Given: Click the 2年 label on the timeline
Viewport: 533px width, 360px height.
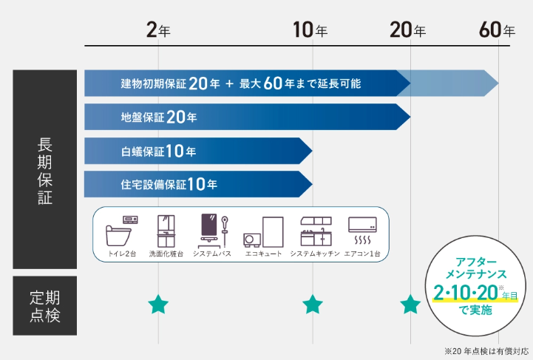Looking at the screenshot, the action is (158, 30).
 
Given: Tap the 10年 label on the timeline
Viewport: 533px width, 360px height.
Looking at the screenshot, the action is (310, 30).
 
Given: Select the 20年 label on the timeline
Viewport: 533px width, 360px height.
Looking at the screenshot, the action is (407, 30).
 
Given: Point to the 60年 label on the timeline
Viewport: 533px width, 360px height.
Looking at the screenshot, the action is (497, 30).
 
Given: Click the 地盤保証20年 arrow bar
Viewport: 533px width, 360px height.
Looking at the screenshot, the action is (247, 117).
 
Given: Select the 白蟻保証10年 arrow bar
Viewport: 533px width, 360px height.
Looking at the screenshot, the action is (198, 151).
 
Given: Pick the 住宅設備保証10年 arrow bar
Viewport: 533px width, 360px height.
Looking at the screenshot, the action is (198, 184).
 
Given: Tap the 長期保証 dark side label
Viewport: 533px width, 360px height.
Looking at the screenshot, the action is (45, 169).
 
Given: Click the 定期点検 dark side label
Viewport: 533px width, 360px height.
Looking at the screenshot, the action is (45, 305).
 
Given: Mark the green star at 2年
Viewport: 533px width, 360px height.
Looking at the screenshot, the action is (158, 305).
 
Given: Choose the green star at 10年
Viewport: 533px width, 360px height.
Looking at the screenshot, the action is (313, 305).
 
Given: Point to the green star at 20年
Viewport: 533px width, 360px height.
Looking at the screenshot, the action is (410, 305).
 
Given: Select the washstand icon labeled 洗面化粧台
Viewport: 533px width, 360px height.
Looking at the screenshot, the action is (166, 231).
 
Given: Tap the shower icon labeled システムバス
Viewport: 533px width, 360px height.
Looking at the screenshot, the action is (214, 231).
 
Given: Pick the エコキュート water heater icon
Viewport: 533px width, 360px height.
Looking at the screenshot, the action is (263, 232).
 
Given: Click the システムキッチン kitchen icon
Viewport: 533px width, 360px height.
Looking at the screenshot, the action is (316, 231).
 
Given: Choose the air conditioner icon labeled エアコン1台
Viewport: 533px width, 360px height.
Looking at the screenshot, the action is (362, 231).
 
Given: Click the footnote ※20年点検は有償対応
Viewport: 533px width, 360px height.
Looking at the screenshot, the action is (486, 351).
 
